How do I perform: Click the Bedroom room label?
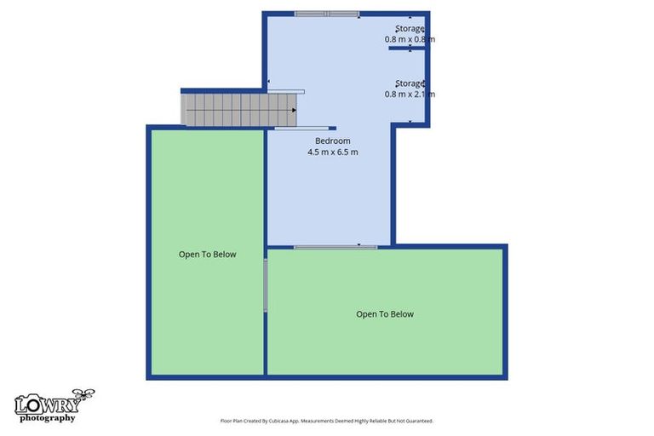tap(332, 141)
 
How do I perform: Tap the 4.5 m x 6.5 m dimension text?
tap(332, 152)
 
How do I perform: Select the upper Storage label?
tap(410, 29)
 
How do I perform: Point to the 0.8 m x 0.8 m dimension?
tap(410, 40)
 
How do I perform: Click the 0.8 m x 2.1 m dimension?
tap(410, 94)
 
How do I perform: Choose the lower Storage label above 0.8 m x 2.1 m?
tap(410, 83)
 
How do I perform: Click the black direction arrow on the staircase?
tap(294, 110)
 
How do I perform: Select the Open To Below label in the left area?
tap(207, 254)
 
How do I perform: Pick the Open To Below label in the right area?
tap(385, 314)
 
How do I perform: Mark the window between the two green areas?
tap(266, 285)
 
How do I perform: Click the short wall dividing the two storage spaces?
tap(406, 49)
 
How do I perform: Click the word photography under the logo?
tap(47, 417)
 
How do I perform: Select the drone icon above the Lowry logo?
tap(83, 394)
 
